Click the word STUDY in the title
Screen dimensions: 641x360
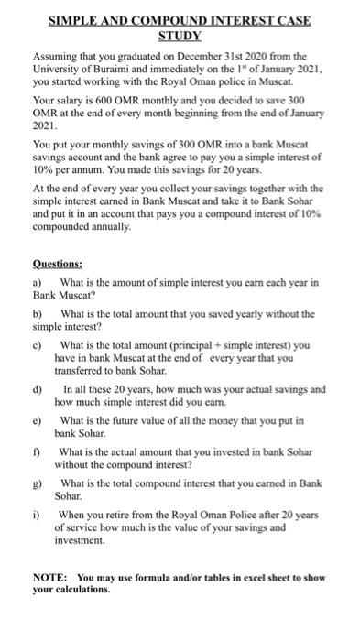[180, 34]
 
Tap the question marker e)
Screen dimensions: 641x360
[38, 421]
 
